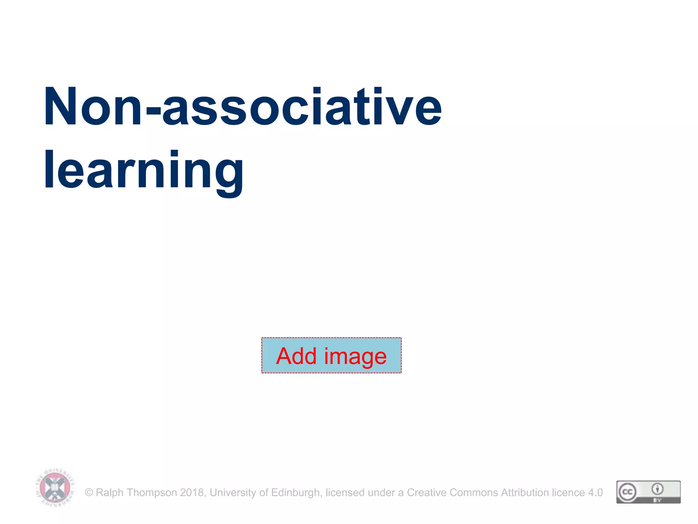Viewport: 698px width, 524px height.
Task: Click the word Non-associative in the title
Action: (x=243, y=106)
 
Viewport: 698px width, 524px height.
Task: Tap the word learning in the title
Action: (x=143, y=170)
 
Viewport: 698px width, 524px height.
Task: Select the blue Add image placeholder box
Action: (x=331, y=355)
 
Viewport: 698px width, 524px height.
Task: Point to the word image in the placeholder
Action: (x=355, y=356)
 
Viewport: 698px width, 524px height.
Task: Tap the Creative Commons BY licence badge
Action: (x=648, y=492)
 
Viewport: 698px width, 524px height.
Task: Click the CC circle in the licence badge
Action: (x=627, y=492)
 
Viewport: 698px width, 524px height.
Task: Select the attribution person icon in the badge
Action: (x=657, y=489)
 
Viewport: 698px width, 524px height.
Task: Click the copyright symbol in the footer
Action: (x=89, y=493)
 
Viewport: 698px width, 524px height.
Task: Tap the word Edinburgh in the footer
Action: (x=296, y=493)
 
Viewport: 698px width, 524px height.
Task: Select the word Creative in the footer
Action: (x=427, y=493)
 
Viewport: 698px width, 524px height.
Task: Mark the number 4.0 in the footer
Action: (x=595, y=493)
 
